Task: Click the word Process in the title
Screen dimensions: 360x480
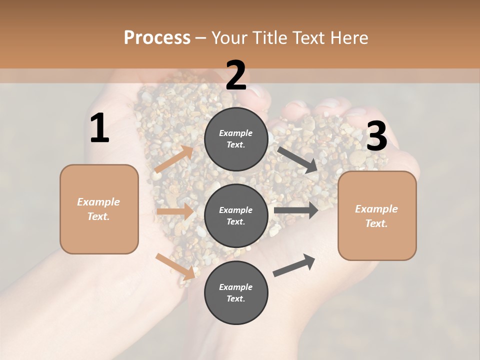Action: pyautogui.click(x=157, y=38)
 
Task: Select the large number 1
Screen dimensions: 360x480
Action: pyautogui.click(x=99, y=128)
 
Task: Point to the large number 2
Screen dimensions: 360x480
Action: pyautogui.click(x=236, y=75)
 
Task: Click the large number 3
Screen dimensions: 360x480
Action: pyautogui.click(x=376, y=136)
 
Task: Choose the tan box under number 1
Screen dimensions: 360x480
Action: pyautogui.click(x=99, y=209)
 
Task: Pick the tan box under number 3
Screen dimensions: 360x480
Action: pyautogui.click(x=377, y=216)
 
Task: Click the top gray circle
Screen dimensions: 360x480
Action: pyautogui.click(x=236, y=139)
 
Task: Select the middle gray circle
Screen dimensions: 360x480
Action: pyautogui.click(x=236, y=216)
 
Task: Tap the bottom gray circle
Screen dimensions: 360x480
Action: pyautogui.click(x=236, y=293)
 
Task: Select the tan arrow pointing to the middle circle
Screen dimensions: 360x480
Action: pyautogui.click(x=175, y=211)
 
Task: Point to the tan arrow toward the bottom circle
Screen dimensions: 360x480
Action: pyautogui.click(x=175, y=266)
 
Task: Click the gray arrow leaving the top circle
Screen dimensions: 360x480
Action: pyautogui.click(x=298, y=159)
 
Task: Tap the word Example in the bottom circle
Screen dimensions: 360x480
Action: pyautogui.click(x=236, y=287)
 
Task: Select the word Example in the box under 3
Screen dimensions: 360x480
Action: pyautogui.click(x=376, y=209)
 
